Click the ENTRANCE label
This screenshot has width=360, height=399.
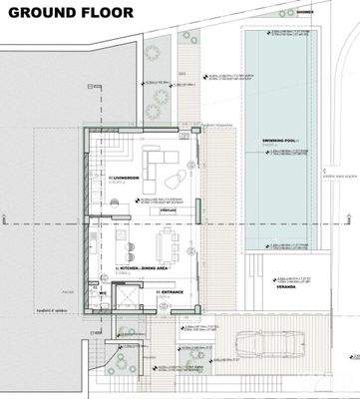171,291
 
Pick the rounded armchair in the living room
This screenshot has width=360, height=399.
176,181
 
